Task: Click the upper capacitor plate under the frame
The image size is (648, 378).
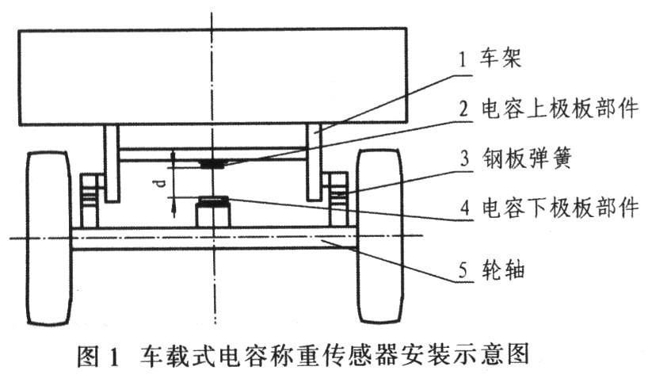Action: pos(212,164)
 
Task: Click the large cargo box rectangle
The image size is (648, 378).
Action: pos(212,77)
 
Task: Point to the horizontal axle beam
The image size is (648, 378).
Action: pos(212,239)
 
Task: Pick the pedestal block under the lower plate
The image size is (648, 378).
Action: pos(212,215)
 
